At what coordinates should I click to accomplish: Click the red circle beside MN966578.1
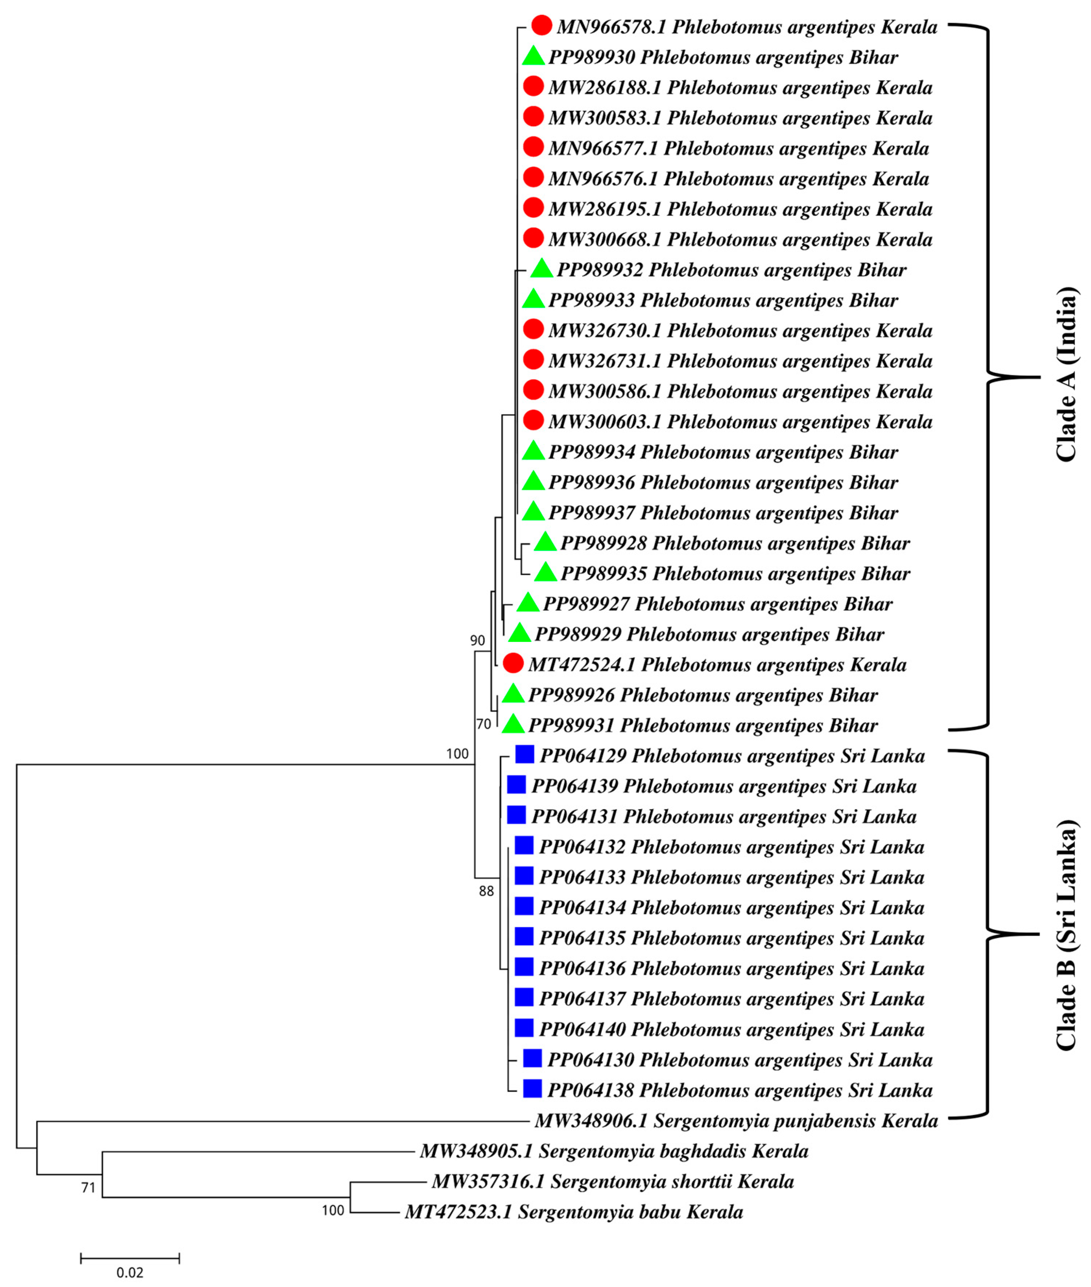pyautogui.click(x=542, y=26)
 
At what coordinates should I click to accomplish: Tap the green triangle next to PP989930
pyautogui.click(x=533, y=57)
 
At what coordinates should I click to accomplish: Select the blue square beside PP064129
pyautogui.click(x=524, y=754)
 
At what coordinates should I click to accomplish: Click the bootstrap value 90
pyautogui.click(x=477, y=640)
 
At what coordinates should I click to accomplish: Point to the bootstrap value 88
pyautogui.click(x=487, y=891)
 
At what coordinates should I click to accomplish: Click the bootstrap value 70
pyautogui.click(x=484, y=724)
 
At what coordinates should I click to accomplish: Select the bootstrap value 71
pyautogui.click(x=88, y=1187)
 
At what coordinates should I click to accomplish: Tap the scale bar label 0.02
pyautogui.click(x=130, y=1272)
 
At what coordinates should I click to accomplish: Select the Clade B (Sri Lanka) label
pyautogui.click(x=1066, y=935)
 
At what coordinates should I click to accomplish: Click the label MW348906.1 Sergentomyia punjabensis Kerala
pyautogui.click(x=736, y=1120)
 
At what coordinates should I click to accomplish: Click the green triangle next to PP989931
pyautogui.click(x=513, y=724)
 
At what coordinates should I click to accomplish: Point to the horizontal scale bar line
pyautogui.click(x=130, y=1257)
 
